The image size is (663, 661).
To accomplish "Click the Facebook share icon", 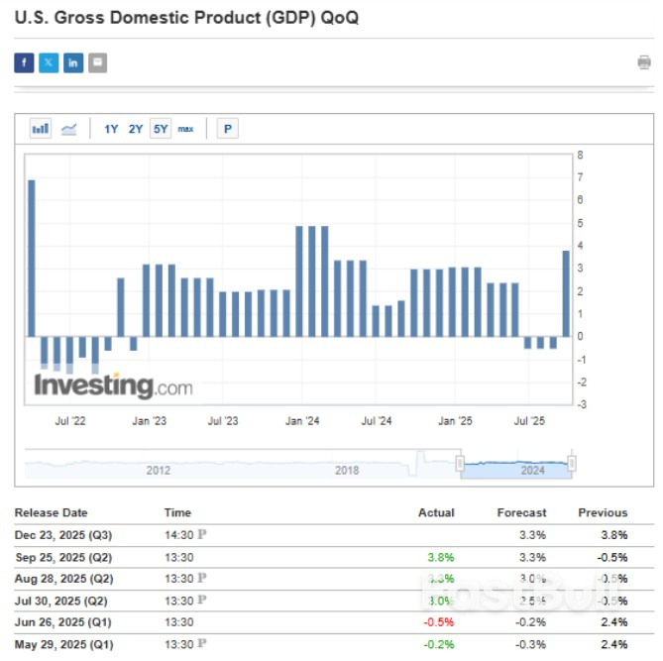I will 24,63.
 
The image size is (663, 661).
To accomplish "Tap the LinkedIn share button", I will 73,63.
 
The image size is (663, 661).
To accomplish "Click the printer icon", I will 644,63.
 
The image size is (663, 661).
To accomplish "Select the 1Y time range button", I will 111,129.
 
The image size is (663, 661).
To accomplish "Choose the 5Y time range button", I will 161,129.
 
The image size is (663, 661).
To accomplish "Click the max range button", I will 185,129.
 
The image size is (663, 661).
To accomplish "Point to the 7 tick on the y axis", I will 581,177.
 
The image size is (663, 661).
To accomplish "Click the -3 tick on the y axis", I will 581,404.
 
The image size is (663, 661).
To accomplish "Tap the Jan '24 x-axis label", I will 300,421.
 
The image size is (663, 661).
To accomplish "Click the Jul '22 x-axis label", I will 70,421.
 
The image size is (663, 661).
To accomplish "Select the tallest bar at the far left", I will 32,258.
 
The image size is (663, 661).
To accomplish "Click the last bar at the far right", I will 566,293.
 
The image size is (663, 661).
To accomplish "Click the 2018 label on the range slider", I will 347,471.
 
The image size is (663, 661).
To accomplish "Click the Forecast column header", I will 521,513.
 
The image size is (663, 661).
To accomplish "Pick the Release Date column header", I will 51,513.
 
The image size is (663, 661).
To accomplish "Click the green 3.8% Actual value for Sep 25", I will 440,556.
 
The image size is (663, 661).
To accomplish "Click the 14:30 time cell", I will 178,535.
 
